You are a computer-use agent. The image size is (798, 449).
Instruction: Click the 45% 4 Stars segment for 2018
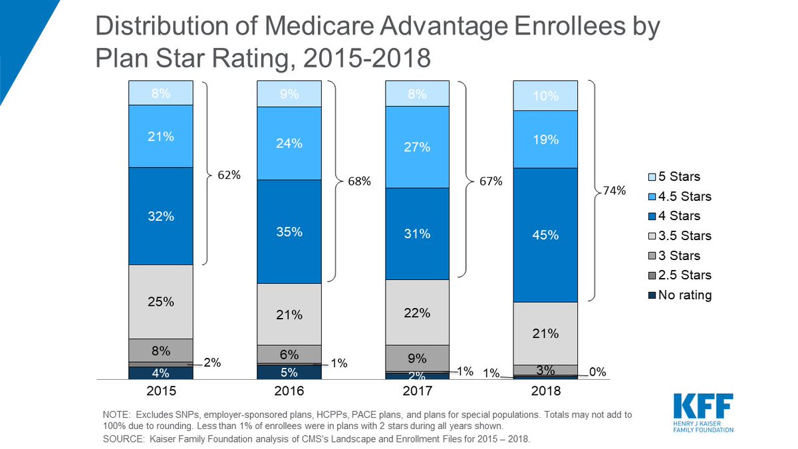tap(545, 235)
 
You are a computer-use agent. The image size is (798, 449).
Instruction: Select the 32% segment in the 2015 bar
tap(161, 216)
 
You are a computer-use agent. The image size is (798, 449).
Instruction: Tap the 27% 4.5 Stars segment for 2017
tap(418, 147)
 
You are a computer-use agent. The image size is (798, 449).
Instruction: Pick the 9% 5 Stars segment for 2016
tap(289, 94)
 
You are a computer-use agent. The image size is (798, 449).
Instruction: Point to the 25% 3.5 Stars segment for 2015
tap(161, 301)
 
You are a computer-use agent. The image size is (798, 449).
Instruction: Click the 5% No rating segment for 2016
tap(289, 372)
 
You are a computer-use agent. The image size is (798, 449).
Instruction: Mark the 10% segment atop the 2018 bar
tap(545, 96)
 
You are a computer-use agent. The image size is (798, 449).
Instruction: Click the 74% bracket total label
tap(614, 191)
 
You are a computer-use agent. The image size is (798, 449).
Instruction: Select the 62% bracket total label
tap(229, 175)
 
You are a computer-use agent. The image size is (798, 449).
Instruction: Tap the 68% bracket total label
tap(357, 182)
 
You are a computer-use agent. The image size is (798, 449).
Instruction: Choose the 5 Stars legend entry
tap(678, 177)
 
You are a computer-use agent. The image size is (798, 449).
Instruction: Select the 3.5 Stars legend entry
tap(683, 236)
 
